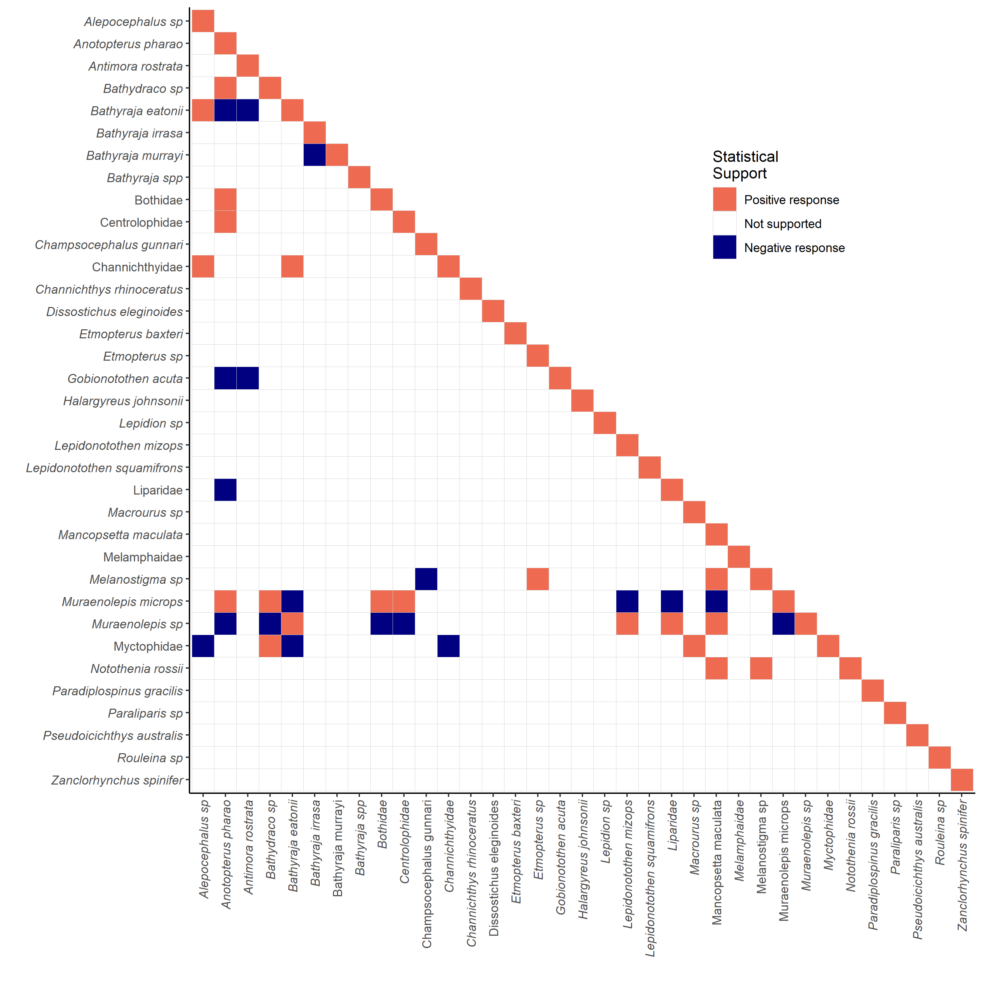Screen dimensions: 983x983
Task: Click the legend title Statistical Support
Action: pyautogui.click(x=745, y=165)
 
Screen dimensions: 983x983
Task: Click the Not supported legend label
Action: pyautogui.click(x=783, y=224)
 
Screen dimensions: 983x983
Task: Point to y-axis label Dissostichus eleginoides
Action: pyautogui.click(x=115, y=312)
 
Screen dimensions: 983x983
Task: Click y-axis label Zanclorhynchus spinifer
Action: pyautogui.click(x=117, y=781)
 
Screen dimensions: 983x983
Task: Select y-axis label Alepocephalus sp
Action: pyautogui.click(x=133, y=22)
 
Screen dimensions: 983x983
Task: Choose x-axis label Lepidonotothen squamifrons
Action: pyautogui.click(x=650, y=878)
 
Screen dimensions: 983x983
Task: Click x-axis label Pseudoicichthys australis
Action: pyautogui.click(x=917, y=869)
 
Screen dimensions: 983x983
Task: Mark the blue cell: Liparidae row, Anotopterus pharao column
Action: pyautogui.click(x=225, y=490)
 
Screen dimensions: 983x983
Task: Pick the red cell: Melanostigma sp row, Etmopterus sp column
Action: pyautogui.click(x=538, y=579)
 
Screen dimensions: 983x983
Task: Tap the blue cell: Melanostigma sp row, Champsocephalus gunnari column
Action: pyautogui.click(x=426, y=579)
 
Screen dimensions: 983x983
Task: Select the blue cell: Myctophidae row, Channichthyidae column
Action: pyautogui.click(x=449, y=646)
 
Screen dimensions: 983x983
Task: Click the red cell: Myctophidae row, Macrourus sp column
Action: pyautogui.click(x=694, y=646)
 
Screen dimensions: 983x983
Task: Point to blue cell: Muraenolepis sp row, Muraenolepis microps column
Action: pyautogui.click(x=784, y=624)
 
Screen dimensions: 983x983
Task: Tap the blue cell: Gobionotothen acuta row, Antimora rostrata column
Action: pyautogui.click(x=248, y=378)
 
